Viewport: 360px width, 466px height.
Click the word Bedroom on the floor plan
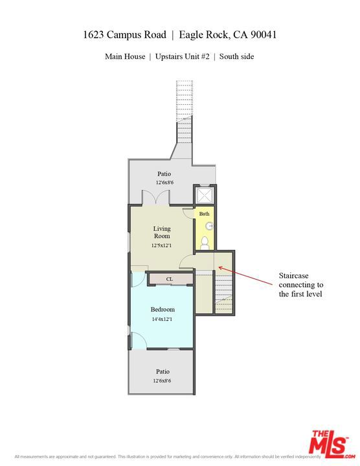click(163, 309)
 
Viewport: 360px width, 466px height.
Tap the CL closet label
click(170, 279)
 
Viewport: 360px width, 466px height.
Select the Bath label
click(204, 214)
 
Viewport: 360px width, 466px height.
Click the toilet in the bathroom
click(205, 242)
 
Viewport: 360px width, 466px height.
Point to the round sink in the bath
click(209, 226)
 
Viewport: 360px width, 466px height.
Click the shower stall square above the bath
click(205, 195)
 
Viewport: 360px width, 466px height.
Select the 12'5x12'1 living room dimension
click(162, 246)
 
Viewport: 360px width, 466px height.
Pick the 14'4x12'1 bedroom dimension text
click(163, 319)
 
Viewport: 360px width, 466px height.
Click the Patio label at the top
click(164, 174)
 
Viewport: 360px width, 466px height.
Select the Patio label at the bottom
click(163, 372)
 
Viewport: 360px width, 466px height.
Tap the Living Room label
click(162, 232)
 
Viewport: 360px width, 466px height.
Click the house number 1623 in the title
click(96, 34)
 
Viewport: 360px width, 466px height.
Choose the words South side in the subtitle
click(236, 56)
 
